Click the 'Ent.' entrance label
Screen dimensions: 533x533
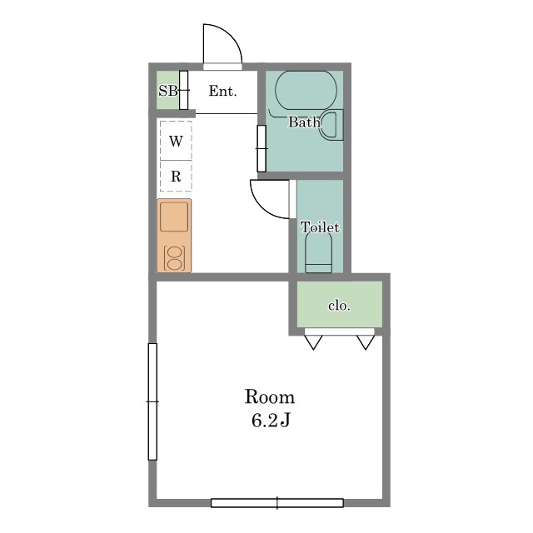coord(222,91)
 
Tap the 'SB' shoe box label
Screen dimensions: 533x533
coord(168,91)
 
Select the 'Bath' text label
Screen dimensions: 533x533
coord(304,122)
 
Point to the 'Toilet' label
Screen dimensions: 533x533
coord(320,227)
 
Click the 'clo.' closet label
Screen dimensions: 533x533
coord(339,306)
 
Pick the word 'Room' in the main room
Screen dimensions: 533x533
coord(270,397)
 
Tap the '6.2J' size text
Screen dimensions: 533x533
coord(271,420)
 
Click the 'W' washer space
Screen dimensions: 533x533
coord(176,141)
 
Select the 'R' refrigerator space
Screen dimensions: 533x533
coord(176,176)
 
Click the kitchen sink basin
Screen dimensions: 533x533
coord(174,217)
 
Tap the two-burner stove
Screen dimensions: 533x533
coord(175,258)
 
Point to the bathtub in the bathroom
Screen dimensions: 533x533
coord(306,91)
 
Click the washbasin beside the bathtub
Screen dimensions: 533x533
coord(331,124)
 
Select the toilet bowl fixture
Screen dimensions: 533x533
coord(318,252)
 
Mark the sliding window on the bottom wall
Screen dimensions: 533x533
coord(277,503)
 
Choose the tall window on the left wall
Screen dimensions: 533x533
coord(152,401)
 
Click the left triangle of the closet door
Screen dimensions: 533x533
coord(313,342)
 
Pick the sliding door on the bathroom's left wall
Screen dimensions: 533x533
coord(262,148)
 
